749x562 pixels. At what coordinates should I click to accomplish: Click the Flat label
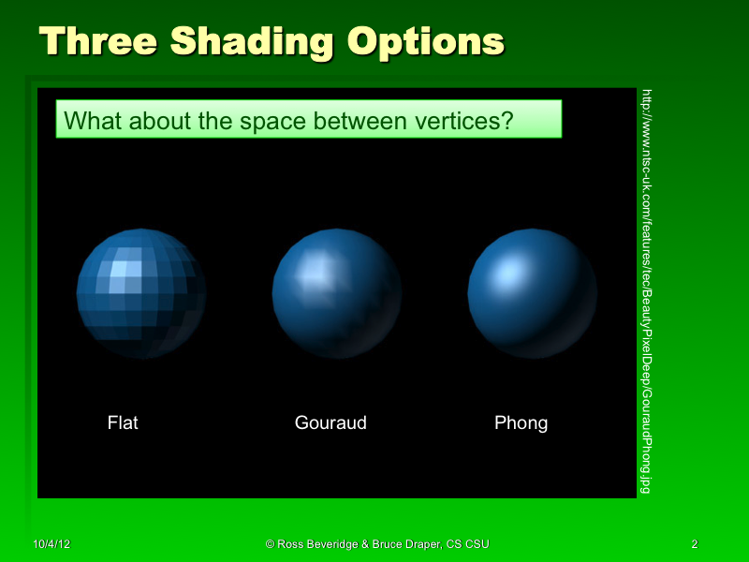coord(123,423)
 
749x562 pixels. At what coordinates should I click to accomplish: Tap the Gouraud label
coord(330,423)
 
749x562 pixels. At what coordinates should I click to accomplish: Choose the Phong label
coord(521,423)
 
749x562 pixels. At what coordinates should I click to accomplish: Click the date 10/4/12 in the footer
coord(52,544)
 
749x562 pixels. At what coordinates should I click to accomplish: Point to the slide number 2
coord(694,544)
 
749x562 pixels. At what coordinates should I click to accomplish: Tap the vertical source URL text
coord(645,290)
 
